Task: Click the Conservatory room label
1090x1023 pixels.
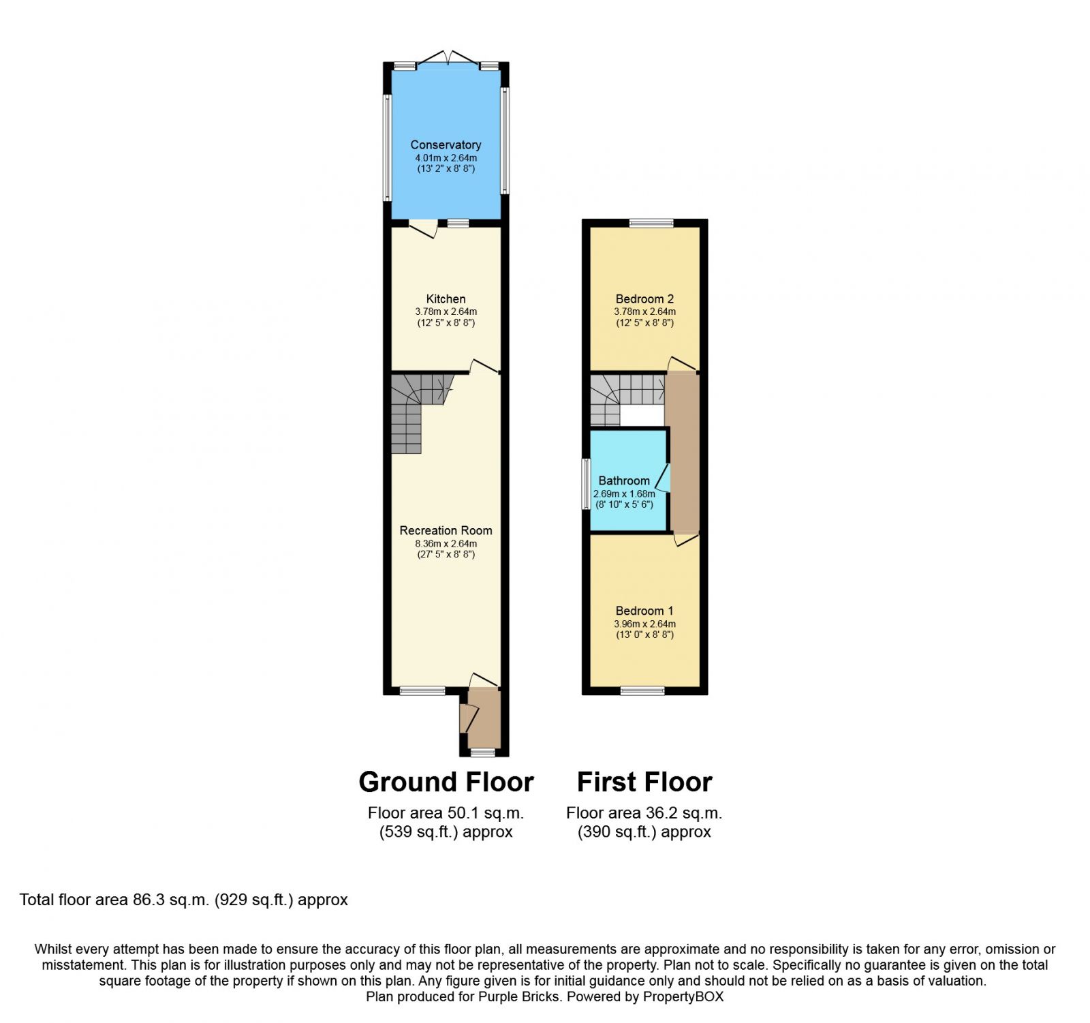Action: tap(446, 144)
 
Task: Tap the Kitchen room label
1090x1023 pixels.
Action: tap(446, 299)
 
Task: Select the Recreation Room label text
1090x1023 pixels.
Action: tap(446, 530)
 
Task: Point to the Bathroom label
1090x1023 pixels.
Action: tap(624, 480)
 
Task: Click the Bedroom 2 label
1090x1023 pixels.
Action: tap(644, 299)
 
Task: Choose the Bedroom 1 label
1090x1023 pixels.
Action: tap(644, 611)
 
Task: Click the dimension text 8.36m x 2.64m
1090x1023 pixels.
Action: tap(446, 544)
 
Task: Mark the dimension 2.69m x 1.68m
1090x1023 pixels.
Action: tap(624, 493)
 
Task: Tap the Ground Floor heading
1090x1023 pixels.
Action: tap(446, 782)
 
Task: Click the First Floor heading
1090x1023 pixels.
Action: tap(644, 782)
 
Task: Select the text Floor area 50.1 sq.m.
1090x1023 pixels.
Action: tap(446, 813)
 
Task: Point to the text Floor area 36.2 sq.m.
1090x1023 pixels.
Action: tap(644, 813)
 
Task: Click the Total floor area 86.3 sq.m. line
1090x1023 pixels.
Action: tap(184, 900)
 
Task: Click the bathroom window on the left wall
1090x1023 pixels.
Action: tap(586, 484)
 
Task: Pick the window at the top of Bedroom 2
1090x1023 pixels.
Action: tap(651, 223)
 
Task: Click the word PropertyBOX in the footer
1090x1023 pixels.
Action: tap(683, 997)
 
